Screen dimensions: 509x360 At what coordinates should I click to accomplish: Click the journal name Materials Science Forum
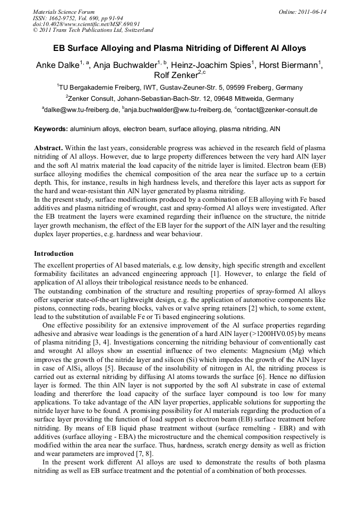click(x=64, y=11)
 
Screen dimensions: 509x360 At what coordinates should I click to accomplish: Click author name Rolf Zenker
click(x=173, y=75)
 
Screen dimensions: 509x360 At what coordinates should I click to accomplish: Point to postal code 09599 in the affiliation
click(x=235, y=87)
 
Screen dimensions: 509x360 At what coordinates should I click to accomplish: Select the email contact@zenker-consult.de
click(x=276, y=110)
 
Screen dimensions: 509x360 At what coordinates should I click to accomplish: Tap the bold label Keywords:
click(x=51, y=129)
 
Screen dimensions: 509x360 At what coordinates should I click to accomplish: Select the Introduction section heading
click(x=54, y=254)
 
